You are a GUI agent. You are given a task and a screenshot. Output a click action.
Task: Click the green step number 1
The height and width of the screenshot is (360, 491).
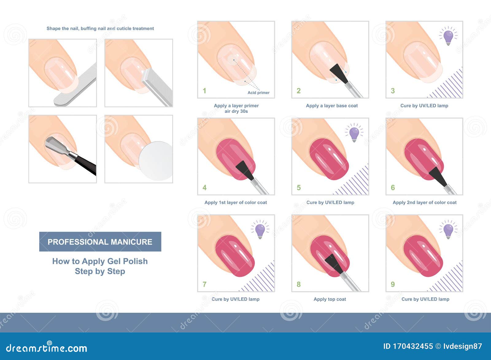click(x=204, y=91)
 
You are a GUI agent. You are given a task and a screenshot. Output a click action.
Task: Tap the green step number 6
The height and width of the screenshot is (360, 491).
click(x=392, y=187)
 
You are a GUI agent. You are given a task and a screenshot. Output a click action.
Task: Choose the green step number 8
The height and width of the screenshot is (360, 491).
click(x=299, y=284)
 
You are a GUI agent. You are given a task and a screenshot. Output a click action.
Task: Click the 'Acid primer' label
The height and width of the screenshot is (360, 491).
click(x=258, y=93)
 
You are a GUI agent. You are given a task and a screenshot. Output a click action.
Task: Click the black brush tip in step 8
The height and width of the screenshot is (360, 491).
click(x=334, y=264)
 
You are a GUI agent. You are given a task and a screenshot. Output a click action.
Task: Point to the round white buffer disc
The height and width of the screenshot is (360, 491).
click(x=156, y=161)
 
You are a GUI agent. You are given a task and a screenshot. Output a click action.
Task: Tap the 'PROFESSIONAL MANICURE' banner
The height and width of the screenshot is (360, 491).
click(x=100, y=242)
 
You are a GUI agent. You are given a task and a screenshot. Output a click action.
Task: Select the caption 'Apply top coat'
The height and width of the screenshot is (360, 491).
click(x=330, y=299)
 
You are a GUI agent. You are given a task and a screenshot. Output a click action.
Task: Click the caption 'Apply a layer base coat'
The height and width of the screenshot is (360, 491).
click(x=332, y=105)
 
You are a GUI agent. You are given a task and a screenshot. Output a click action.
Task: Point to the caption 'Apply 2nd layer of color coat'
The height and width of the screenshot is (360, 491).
click(x=425, y=202)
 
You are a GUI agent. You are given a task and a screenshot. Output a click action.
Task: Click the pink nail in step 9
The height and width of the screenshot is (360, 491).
click(x=423, y=255)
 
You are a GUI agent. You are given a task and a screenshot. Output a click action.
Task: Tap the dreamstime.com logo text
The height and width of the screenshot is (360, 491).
click(x=46, y=348)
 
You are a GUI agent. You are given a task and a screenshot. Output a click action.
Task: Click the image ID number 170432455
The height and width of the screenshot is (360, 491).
click(x=413, y=346)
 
